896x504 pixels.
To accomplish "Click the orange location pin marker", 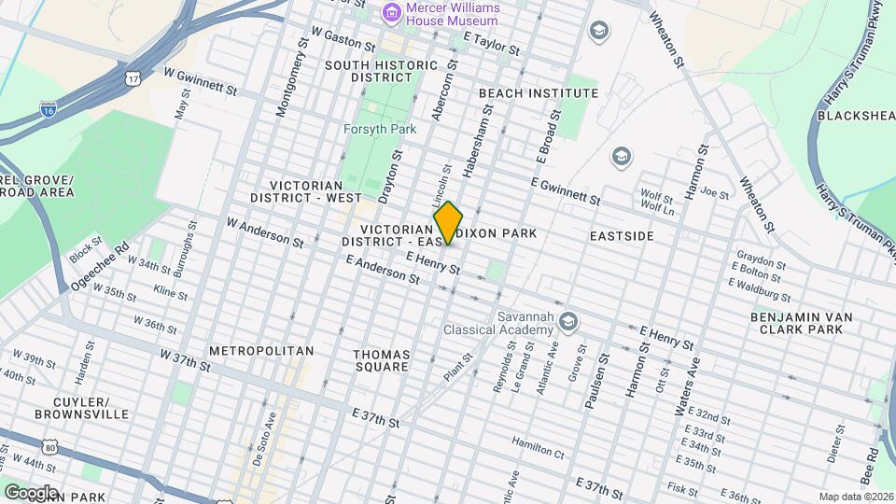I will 448,223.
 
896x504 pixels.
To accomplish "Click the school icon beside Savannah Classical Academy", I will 569,323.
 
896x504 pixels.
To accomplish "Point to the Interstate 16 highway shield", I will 47,110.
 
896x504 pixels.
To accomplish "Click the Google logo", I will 30,492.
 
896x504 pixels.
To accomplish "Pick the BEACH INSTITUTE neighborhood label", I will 538,93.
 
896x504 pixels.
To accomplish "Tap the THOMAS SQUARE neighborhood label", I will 381,360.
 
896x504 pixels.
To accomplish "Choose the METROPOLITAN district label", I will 260,350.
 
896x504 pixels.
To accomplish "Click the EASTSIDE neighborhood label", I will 622,237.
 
